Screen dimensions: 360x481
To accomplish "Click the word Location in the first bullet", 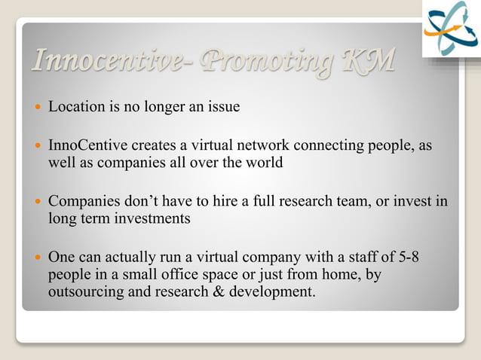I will pyautogui.click(x=75, y=107).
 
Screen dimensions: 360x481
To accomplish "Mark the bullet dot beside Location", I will pyautogui.click(x=37, y=108).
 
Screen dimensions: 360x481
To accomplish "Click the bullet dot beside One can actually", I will pyautogui.click(x=37, y=259).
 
